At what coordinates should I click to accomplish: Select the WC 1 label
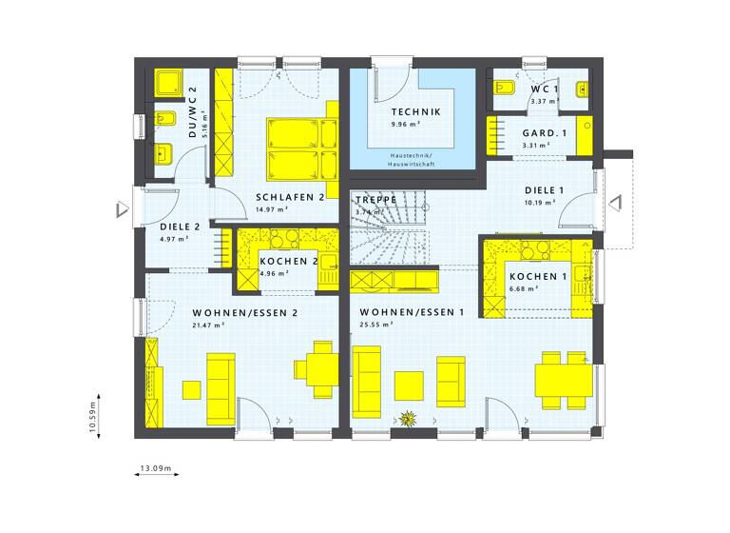coord(546,89)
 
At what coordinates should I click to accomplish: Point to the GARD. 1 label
coord(545,133)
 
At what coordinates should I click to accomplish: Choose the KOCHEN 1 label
coord(538,277)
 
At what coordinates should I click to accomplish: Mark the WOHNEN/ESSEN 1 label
coord(412,312)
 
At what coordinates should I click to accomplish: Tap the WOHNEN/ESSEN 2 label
coord(246,312)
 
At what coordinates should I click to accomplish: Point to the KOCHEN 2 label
coord(288,261)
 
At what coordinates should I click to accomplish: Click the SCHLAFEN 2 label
coord(291,197)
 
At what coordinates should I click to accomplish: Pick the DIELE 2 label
coord(179,227)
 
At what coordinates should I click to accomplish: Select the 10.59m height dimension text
coord(93,416)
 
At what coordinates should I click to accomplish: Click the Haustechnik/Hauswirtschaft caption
coord(411,159)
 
